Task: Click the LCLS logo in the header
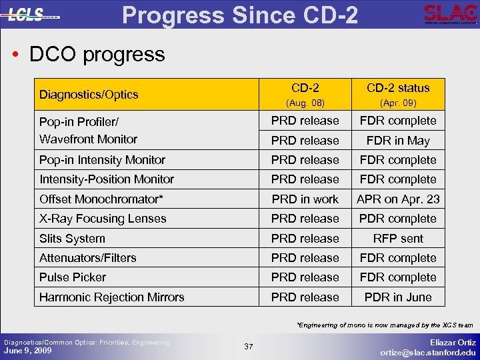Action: click(x=33, y=14)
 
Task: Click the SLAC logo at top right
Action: click(x=451, y=14)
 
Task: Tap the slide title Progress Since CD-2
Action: click(x=241, y=14)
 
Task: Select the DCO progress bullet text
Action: click(x=97, y=54)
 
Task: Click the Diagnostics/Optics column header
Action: click(x=89, y=95)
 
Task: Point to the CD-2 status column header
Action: click(x=398, y=88)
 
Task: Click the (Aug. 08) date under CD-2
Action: click(x=305, y=103)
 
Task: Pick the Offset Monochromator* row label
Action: click(x=101, y=199)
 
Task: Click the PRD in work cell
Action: click(x=305, y=199)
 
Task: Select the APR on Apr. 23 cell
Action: click(x=398, y=199)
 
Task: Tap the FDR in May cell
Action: click(x=398, y=141)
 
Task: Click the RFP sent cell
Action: click(x=398, y=239)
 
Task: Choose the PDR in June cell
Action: click(x=398, y=297)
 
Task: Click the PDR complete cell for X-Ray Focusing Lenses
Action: click(x=398, y=219)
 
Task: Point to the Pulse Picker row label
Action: click(x=73, y=277)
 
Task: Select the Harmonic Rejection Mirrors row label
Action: click(x=112, y=297)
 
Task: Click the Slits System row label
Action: click(x=72, y=239)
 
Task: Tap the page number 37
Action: click(x=249, y=347)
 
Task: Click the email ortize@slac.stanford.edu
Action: click(x=428, y=353)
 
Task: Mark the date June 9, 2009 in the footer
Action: click(x=28, y=350)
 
